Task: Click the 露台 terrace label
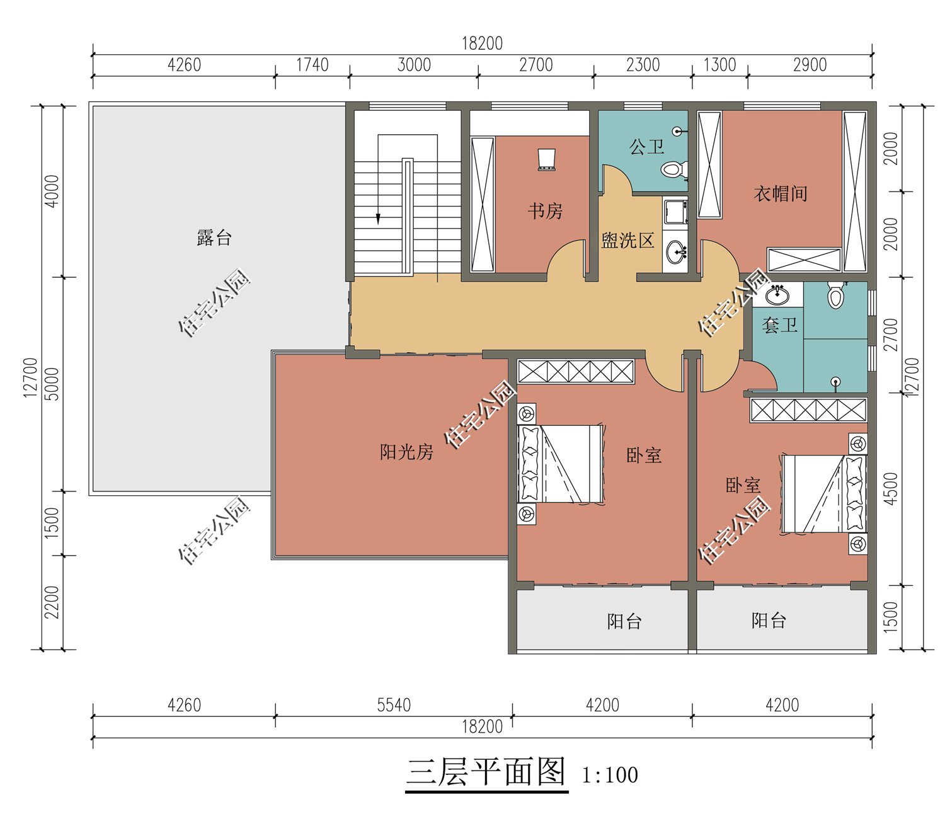point(214,238)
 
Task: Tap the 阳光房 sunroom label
point(406,452)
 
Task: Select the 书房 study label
point(545,211)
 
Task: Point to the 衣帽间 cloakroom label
point(781,193)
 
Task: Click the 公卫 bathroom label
point(646,147)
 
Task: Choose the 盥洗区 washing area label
point(627,241)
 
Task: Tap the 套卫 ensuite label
point(779,325)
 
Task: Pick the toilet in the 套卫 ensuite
point(836,294)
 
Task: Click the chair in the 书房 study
point(546,159)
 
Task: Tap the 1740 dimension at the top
point(312,65)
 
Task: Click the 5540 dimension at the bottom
point(394,705)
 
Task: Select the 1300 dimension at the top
point(719,65)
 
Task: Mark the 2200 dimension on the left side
point(52,602)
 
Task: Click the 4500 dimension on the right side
point(891,489)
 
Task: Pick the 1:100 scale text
point(610,775)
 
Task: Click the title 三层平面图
point(486,772)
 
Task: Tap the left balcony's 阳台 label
point(624,621)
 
